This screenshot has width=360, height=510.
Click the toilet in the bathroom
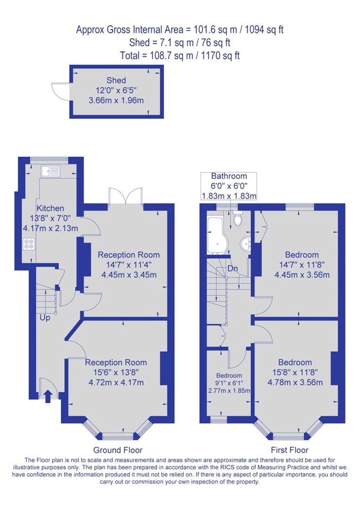click(238, 219)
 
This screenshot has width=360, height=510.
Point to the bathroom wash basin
click(245, 243)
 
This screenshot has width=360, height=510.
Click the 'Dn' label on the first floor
click(232, 269)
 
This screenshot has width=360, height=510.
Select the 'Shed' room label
click(116, 80)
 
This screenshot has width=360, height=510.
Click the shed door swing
click(60, 91)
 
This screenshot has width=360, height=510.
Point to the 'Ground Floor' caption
click(118, 450)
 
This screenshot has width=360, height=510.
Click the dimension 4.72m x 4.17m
click(116, 382)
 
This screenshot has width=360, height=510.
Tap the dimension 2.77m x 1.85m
click(229, 391)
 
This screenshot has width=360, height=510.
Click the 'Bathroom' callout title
click(229, 176)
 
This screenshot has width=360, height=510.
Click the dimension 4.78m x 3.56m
click(302, 382)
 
